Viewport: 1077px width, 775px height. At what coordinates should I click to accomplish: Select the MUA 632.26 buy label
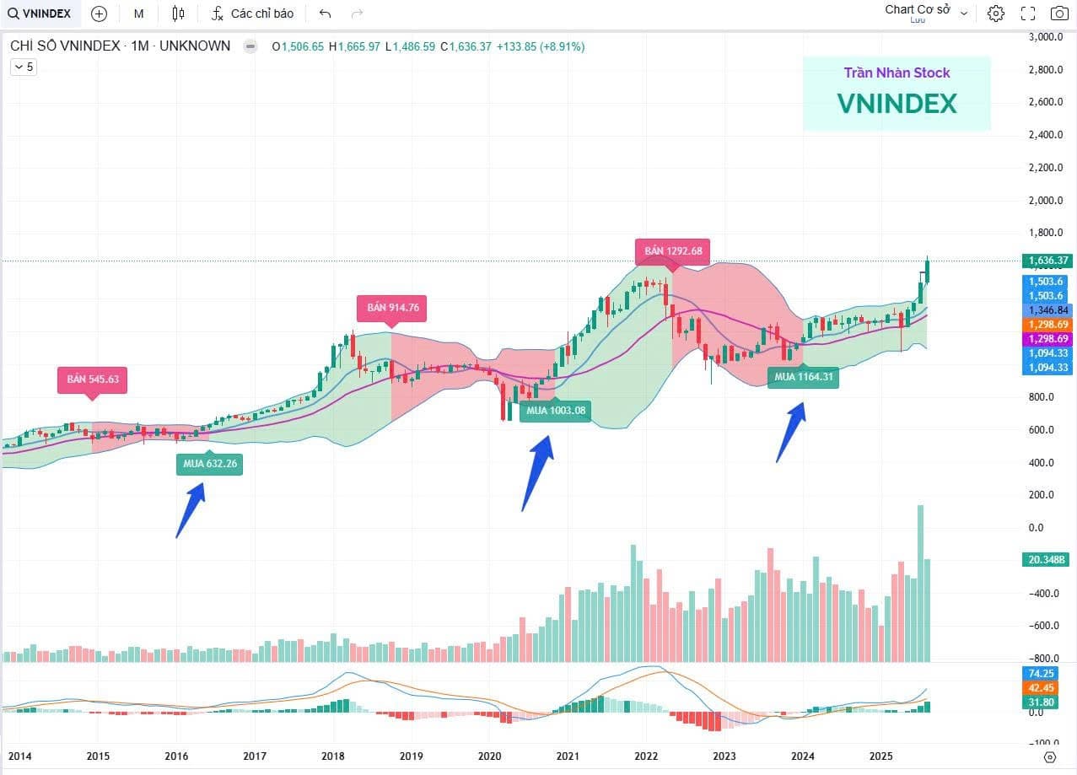click(209, 462)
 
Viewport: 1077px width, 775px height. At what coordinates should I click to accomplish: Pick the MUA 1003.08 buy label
click(554, 411)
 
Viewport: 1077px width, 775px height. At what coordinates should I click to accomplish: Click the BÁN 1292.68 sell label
click(672, 251)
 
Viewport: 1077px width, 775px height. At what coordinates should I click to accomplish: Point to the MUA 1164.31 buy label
click(803, 377)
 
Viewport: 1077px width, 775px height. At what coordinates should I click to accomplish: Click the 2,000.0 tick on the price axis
click(1046, 201)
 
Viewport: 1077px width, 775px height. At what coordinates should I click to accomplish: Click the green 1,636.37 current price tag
click(1046, 261)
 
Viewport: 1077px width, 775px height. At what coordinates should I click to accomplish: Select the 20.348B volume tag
click(1046, 560)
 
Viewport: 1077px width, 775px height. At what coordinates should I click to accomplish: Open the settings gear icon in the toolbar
click(996, 13)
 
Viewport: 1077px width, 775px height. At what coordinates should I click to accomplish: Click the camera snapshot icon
click(1058, 13)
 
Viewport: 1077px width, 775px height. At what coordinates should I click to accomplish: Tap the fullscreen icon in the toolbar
click(1027, 13)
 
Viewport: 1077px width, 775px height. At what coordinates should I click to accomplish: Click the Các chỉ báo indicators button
click(252, 13)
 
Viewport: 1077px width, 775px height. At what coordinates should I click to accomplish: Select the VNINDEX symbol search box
click(40, 13)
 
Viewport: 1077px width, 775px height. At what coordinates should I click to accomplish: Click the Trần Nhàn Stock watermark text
click(897, 73)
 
